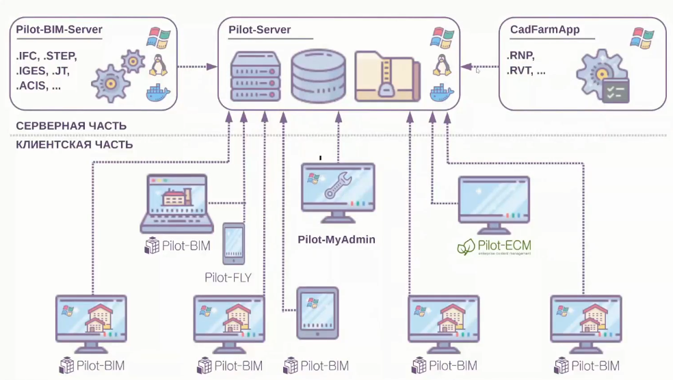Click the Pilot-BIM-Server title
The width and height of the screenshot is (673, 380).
[59, 30]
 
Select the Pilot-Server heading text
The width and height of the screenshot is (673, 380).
[259, 30]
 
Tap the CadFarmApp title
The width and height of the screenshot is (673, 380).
[545, 30]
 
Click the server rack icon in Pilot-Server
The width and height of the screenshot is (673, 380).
[256, 76]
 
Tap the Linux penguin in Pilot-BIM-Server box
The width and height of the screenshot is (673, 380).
[159, 66]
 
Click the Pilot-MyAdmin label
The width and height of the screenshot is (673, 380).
[336, 241]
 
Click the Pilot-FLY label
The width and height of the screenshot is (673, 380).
[228, 277]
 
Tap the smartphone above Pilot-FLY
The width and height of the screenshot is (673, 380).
[233, 243]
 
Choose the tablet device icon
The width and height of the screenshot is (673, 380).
[317, 312]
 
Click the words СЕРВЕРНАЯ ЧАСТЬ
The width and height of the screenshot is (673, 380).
[70, 126]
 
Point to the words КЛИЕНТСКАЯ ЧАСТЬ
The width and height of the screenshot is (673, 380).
[74, 145]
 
